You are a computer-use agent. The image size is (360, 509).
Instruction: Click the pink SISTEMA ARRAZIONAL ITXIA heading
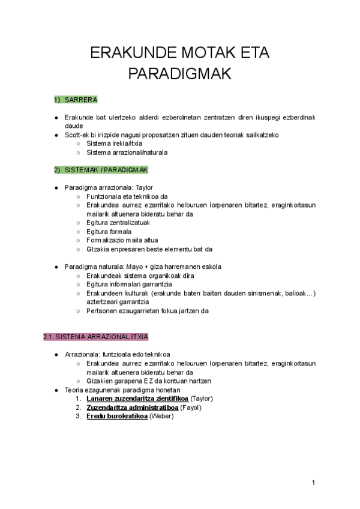[x=95, y=337]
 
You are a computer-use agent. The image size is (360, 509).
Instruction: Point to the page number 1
[x=313, y=483]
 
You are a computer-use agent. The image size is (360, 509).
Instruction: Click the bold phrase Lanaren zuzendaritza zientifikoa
[x=137, y=399]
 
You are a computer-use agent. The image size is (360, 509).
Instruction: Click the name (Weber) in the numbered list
[x=161, y=417]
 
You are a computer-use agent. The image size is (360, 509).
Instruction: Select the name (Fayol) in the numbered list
[x=191, y=408]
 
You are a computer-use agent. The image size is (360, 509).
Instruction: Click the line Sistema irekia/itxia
[x=114, y=143]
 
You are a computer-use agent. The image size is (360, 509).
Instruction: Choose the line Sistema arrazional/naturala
[x=127, y=152]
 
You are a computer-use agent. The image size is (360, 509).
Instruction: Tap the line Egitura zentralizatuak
[x=118, y=223]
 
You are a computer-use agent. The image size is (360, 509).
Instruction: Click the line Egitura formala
[x=109, y=232]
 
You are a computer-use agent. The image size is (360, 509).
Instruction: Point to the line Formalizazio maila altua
[x=122, y=240]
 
